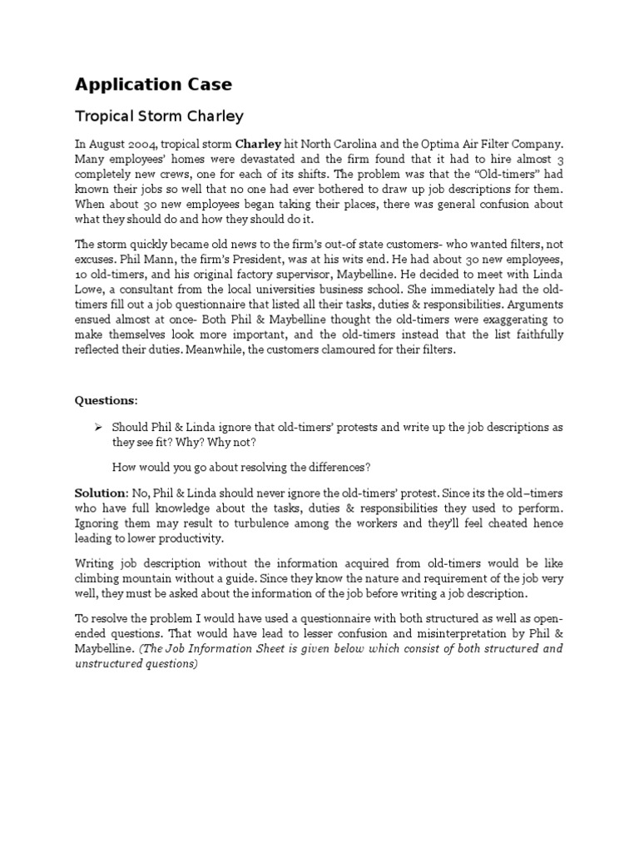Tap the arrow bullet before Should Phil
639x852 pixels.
point(97,427)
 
